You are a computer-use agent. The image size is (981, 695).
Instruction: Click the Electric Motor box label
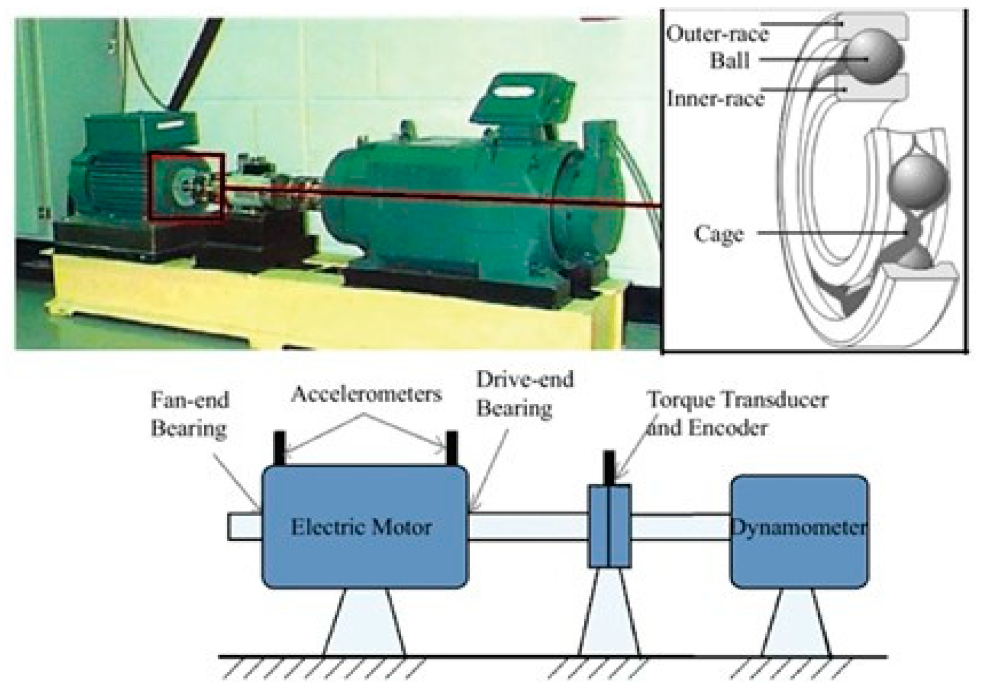(361, 526)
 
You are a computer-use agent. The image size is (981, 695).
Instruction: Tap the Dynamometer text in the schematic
(799, 526)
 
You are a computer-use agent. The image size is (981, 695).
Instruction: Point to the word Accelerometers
(367, 394)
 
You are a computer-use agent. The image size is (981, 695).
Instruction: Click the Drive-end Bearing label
(525, 394)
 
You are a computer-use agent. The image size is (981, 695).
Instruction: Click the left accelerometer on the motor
(279, 448)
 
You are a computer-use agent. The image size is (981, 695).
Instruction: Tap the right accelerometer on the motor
(452, 448)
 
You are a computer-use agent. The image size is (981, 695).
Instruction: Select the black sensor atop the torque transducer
(609, 468)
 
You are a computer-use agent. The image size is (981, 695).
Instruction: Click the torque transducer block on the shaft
(609, 526)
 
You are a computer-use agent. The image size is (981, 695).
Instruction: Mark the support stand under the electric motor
(364, 623)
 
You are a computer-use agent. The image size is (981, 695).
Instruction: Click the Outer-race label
(717, 34)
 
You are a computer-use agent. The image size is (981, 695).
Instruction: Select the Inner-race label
(715, 99)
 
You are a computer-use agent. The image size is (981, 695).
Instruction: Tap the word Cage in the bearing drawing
(719, 234)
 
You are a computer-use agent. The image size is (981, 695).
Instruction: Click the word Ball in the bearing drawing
(730, 60)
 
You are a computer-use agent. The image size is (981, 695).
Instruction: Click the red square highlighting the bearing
(186, 187)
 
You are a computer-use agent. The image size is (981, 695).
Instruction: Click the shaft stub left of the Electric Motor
(244, 526)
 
